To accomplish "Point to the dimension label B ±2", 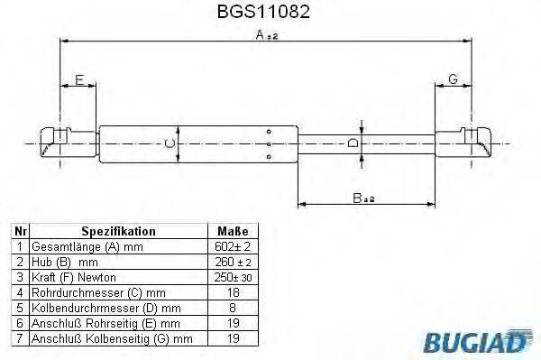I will pos(363,198).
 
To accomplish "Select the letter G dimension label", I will pos(453,80).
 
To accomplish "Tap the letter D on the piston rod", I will pos(353,143).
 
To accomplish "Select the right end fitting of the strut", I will pos(465,143).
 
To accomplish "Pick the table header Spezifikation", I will pos(119,231).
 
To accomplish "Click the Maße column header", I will pos(233,231).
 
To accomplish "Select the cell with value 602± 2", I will pos(233,246).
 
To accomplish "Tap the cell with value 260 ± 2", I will pos(233,262).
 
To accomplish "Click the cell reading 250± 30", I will pos(233,277).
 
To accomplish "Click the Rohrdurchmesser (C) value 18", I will pos(233,292).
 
